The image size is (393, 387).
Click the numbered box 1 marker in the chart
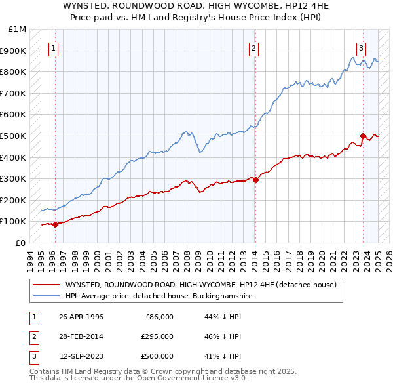pyautogui.click(x=52, y=47)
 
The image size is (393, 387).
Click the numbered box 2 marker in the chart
pyautogui.click(x=253, y=47)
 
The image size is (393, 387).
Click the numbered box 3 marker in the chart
pyautogui.click(x=361, y=47)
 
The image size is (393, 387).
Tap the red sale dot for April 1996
pyautogui.click(x=55, y=224)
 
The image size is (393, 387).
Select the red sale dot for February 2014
pyautogui.click(x=255, y=180)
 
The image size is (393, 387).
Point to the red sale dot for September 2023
pyautogui.click(x=363, y=136)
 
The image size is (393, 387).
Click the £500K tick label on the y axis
pyautogui.click(x=14, y=136)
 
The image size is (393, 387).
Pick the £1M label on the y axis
pyautogui.click(x=18, y=30)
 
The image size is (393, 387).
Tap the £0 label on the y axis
pyautogui.click(x=20, y=243)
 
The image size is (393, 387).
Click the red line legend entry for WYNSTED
pyautogui.click(x=200, y=285)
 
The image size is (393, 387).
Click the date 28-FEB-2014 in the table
pyautogui.click(x=81, y=336)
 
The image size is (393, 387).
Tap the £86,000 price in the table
pyautogui.click(x=159, y=317)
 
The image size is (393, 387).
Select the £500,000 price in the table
pyautogui.click(x=157, y=356)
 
